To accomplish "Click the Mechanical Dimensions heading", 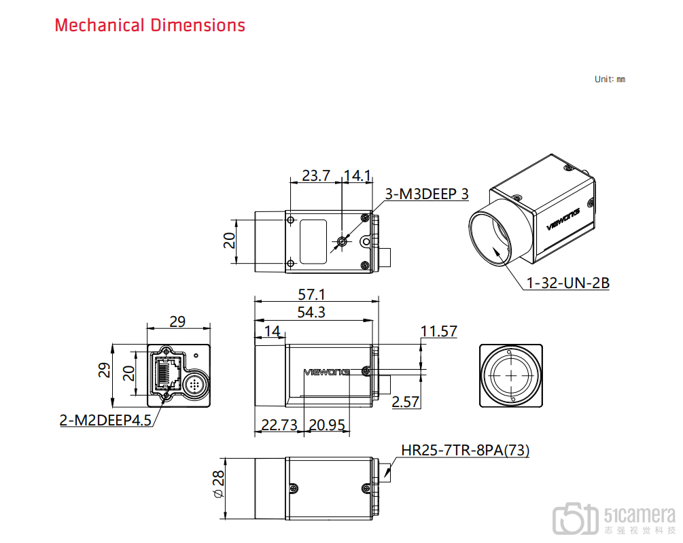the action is [150, 25].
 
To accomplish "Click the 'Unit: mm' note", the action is [610, 80].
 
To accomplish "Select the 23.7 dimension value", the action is [316, 175].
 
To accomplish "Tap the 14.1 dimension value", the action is [357, 175].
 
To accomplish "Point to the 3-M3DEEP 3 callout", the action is [427, 194].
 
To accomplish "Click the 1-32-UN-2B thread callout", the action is [568, 283].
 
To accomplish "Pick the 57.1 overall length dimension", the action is [311, 294].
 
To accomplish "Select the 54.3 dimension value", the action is [311, 312].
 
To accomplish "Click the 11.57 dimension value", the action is [438, 332].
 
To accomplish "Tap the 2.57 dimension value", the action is [406, 402].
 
